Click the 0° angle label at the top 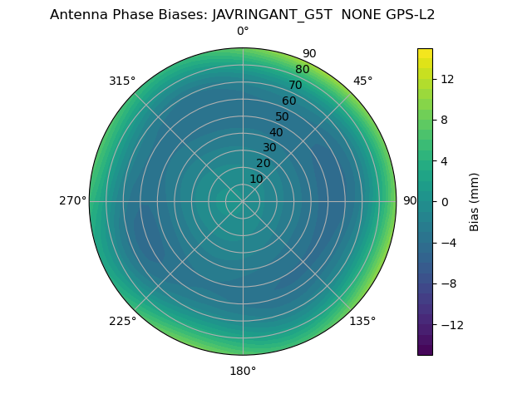point(243,32)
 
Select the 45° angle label point(362,81)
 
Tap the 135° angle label point(362,321)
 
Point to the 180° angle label point(243,371)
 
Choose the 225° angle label point(122,321)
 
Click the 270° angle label point(72,201)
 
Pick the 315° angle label point(122,81)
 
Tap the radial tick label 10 point(256,179)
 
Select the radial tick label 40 point(276,132)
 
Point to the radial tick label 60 point(289,101)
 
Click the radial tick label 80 point(302,70)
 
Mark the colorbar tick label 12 point(446,79)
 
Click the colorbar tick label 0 point(443,202)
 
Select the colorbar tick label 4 point(443,160)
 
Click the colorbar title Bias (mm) point(475,202)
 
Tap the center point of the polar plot point(243,201)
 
